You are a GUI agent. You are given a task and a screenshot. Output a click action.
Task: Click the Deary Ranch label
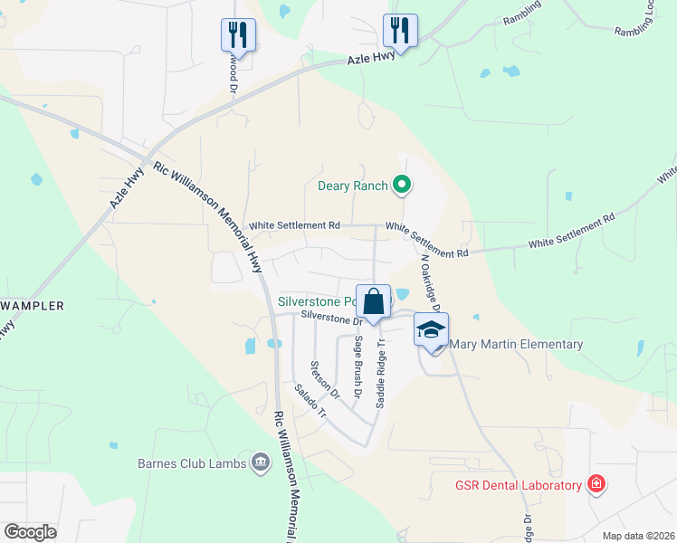click(x=353, y=186)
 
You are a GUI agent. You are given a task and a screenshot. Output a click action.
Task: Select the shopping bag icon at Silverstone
click(x=374, y=300)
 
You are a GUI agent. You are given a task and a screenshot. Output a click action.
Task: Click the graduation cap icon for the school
click(x=432, y=329)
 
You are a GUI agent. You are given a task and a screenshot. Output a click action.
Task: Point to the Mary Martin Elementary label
click(x=516, y=344)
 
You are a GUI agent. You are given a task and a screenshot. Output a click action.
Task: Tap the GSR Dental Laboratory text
click(x=518, y=485)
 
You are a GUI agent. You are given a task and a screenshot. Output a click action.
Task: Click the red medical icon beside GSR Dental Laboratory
click(x=596, y=484)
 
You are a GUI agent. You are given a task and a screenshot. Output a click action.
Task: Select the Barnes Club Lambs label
click(x=189, y=463)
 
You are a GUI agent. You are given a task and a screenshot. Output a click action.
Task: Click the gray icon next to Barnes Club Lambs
click(x=261, y=463)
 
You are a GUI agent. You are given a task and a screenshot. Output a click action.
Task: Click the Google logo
click(x=30, y=532)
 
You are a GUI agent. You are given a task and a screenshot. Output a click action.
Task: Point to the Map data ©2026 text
click(x=637, y=536)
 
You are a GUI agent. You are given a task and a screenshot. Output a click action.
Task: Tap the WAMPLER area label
click(x=32, y=306)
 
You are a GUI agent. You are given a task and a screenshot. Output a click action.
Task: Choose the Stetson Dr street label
click(x=323, y=380)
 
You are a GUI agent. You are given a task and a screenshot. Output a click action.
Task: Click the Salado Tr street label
click(x=310, y=401)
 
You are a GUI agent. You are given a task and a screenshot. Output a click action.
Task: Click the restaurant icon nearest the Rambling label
click(x=399, y=30)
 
